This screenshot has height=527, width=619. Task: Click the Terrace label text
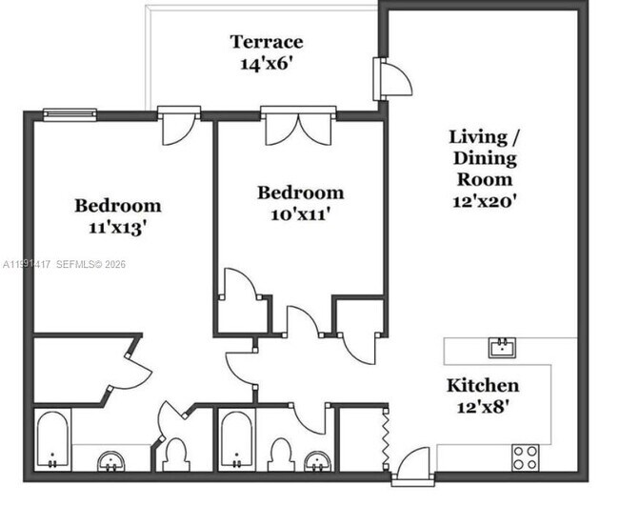[x=267, y=42]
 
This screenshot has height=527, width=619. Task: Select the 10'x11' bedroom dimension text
[x=300, y=214]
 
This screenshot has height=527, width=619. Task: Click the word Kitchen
[x=484, y=385]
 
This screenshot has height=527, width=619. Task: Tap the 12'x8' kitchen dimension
[x=484, y=407]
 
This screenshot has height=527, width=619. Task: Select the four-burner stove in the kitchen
[x=526, y=456]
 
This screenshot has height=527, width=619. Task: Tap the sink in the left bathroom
[x=112, y=462]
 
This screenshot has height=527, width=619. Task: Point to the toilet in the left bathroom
[x=174, y=454]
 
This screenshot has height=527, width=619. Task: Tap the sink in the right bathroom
[x=316, y=462]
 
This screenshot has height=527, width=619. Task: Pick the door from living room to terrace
[x=390, y=79]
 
